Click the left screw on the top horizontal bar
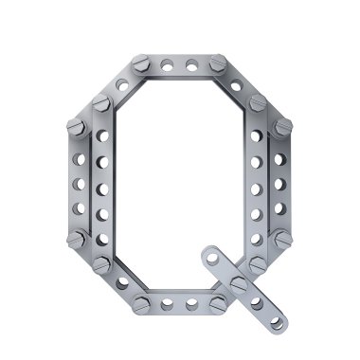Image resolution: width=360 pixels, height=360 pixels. tap(140, 63)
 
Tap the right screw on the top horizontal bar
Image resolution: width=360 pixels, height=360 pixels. tap(218, 63)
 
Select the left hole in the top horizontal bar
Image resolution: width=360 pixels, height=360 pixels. tap(167, 65)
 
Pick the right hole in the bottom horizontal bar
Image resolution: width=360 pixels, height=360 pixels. tap(191, 304)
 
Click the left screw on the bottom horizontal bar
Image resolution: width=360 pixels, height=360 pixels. tap(141, 305)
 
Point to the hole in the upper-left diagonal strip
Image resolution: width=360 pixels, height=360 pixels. tap(122, 84)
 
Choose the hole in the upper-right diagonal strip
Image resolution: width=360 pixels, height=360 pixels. tap(236, 85)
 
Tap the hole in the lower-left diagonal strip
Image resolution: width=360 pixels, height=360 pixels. tap(122, 282)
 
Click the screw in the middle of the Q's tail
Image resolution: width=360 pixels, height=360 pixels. tap(239, 284)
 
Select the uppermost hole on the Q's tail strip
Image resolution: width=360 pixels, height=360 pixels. tap(212, 259)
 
